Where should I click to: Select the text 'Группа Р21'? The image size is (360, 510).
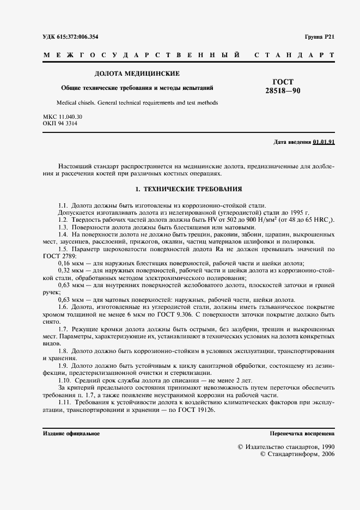pyautogui.click(x=320, y=37)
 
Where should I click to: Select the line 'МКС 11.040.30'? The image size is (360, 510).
pyautogui.click(x=62, y=117)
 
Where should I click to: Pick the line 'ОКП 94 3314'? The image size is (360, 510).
pyautogui.click(x=59, y=124)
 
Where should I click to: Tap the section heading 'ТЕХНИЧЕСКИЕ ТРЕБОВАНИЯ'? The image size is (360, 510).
pyautogui.click(x=192, y=189)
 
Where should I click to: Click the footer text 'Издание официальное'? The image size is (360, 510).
pyautogui.click(x=71, y=434)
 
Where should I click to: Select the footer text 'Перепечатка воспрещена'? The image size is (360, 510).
pyautogui.click(x=302, y=434)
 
